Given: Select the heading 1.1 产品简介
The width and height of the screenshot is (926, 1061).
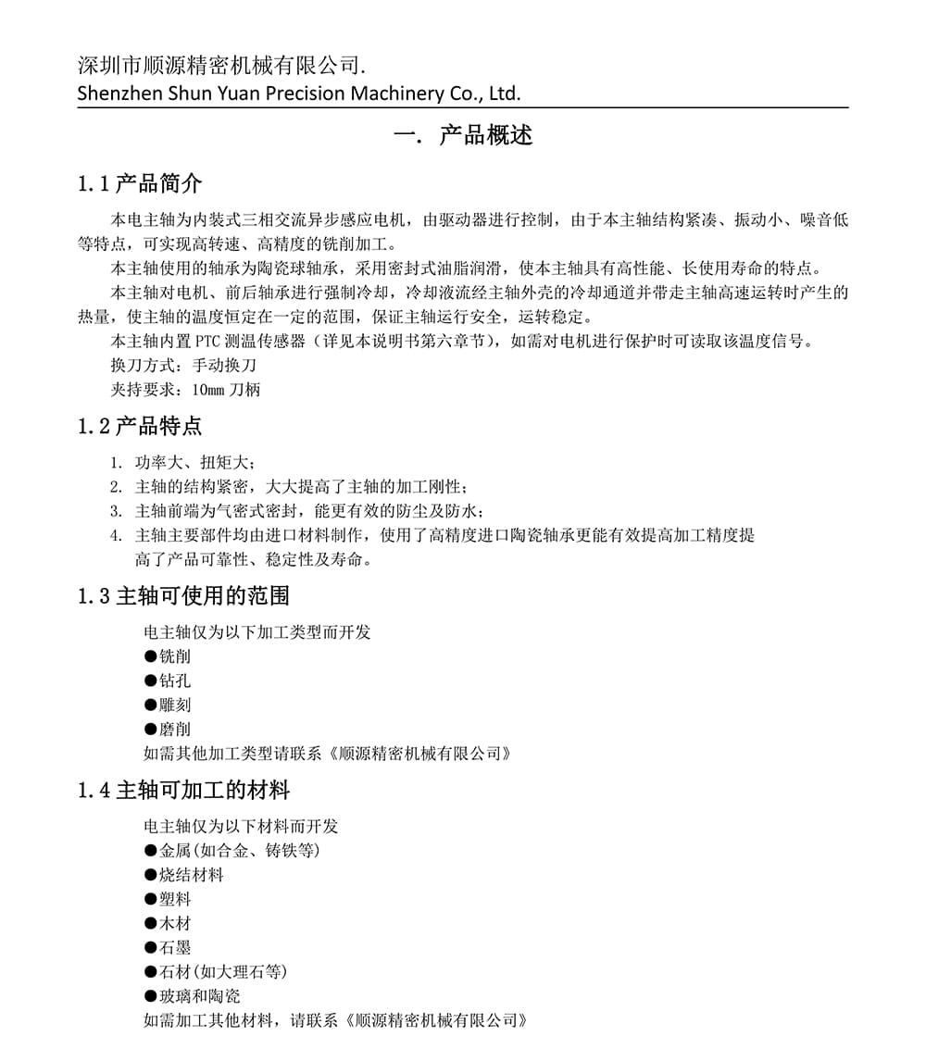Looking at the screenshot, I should pos(140,183).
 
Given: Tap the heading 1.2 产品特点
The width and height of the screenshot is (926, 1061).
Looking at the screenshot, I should pos(140,426).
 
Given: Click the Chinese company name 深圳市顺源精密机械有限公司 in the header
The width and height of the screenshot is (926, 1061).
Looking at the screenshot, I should pos(219,66).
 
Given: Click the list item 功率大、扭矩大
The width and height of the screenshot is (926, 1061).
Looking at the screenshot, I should pos(194,462).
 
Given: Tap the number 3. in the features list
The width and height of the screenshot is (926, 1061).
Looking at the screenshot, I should pos(116,511).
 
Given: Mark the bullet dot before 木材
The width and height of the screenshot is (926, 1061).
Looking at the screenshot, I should pos(150,923).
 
